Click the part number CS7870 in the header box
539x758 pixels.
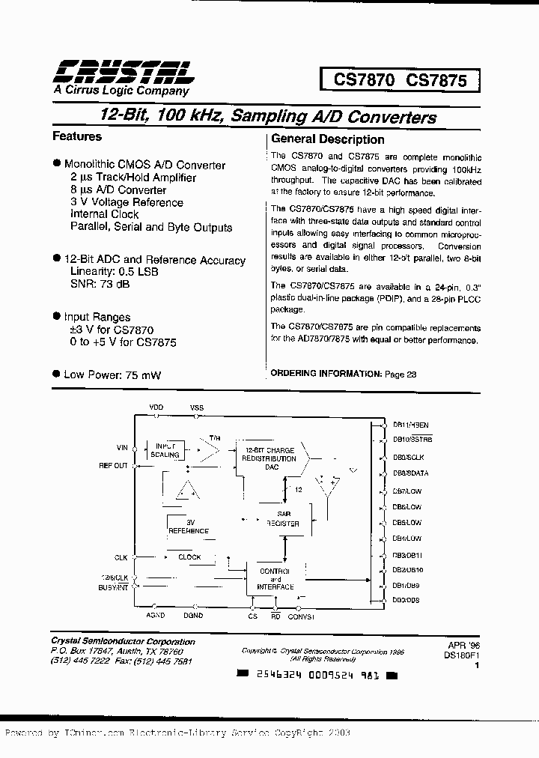[357, 80]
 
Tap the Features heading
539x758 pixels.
[76, 136]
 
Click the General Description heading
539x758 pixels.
[327, 139]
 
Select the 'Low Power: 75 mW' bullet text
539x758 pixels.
[112, 375]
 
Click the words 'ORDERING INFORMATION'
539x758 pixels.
[326, 373]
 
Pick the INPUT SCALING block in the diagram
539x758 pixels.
[165, 450]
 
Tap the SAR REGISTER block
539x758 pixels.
[284, 519]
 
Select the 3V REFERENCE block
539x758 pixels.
[189, 527]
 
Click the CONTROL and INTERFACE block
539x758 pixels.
[275, 579]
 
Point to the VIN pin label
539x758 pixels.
[122, 447]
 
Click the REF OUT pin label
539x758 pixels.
[114, 465]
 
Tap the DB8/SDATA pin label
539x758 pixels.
[410, 473]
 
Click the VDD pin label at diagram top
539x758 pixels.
[156, 407]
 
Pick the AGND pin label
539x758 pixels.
[155, 616]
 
